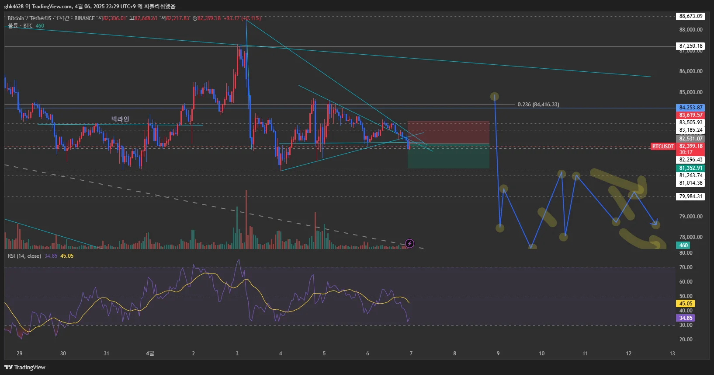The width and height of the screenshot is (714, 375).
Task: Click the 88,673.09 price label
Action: point(690,16)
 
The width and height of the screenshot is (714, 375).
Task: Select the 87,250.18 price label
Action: point(690,46)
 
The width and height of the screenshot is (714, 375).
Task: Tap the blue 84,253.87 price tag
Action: point(690,108)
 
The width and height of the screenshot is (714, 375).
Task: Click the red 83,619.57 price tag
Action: point(690,115)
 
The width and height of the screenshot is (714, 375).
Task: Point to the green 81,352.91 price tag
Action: point(690,168)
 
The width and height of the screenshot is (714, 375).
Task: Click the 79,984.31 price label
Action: point(690,196)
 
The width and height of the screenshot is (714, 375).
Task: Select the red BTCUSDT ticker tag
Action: point(662,147)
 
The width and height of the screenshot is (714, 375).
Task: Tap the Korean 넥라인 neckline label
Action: point(120,119)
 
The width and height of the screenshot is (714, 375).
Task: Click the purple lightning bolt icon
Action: point(409,243)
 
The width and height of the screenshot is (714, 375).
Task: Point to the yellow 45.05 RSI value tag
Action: point(685,304)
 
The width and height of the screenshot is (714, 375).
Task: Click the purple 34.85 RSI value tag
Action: point(685,318)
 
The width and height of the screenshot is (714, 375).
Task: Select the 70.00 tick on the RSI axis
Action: point(686,267)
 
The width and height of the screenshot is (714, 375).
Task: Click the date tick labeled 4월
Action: point(150,354)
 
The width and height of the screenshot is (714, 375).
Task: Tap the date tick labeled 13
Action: point(672,354)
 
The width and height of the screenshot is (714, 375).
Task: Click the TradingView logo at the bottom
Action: point(25,367)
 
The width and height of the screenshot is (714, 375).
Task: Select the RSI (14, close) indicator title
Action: point(24,256)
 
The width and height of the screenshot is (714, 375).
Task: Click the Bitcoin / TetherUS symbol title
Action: point(29,18)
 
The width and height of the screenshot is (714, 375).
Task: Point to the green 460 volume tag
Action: point(683,245)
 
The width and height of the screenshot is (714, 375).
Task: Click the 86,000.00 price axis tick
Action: point(690,71)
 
